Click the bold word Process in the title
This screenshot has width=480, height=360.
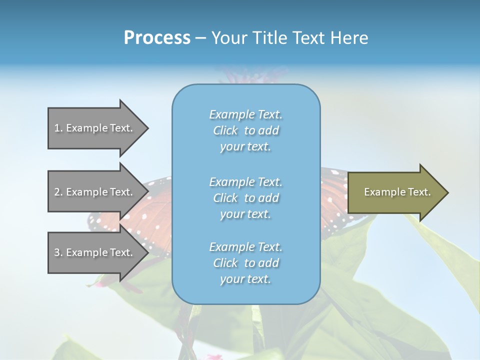coord(157,38)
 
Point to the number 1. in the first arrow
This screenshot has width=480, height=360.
coord(58,128)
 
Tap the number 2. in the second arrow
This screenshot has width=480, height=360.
coord(58,192)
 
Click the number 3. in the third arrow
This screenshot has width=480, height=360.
coord(58,252)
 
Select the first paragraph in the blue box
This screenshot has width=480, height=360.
coord(246,130)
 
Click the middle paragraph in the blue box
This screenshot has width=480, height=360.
coord(246,198)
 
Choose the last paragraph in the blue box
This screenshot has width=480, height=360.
coord(246,263)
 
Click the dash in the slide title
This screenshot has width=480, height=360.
coord(200,38)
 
